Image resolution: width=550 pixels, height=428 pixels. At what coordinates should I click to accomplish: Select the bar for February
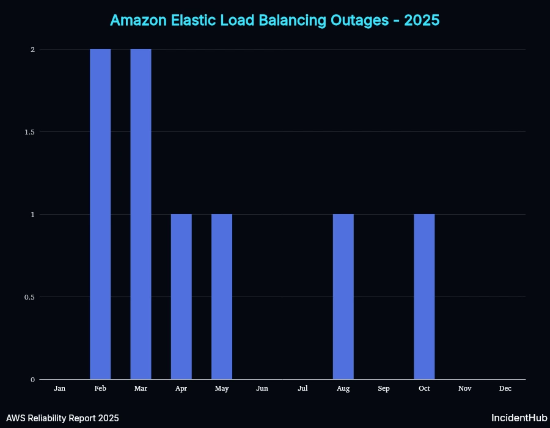coord(100,214)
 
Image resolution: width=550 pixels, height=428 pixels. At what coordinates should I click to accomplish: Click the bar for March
coord(141,214)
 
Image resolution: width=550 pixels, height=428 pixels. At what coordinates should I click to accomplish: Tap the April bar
coord(181,297)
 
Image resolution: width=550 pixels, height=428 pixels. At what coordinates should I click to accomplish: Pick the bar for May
coord(222,297)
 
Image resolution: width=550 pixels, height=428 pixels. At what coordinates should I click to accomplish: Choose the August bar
coord(343,297)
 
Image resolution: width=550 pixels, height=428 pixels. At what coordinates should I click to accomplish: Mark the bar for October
coord(424,297)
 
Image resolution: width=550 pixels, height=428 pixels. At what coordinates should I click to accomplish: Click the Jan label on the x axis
coord(60,388)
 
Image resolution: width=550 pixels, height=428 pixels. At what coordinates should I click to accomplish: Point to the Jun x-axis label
coord(262,388)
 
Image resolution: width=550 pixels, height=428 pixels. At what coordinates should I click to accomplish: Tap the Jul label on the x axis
coord(302,388)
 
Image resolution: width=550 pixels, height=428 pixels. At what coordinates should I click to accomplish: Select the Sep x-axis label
coord(384,388)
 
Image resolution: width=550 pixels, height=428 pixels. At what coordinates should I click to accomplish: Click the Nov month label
coord(464,388)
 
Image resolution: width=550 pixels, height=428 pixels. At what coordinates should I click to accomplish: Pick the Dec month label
coord(505,388)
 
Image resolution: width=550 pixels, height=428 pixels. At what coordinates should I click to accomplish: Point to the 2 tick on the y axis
coord(32,50)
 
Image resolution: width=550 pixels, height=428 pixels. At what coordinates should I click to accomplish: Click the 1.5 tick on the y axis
coord(29,132)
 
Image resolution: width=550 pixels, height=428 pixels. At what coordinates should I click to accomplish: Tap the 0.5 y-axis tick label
coord(29,297)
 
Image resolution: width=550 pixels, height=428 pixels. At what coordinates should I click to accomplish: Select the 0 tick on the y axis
coord(32,380)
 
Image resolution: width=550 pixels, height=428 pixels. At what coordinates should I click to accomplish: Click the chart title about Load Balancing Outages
coord(275,20)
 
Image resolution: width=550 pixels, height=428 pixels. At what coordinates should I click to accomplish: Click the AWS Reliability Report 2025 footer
coord(62,418)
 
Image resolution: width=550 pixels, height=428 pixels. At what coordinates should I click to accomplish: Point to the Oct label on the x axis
coord(424,388)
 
